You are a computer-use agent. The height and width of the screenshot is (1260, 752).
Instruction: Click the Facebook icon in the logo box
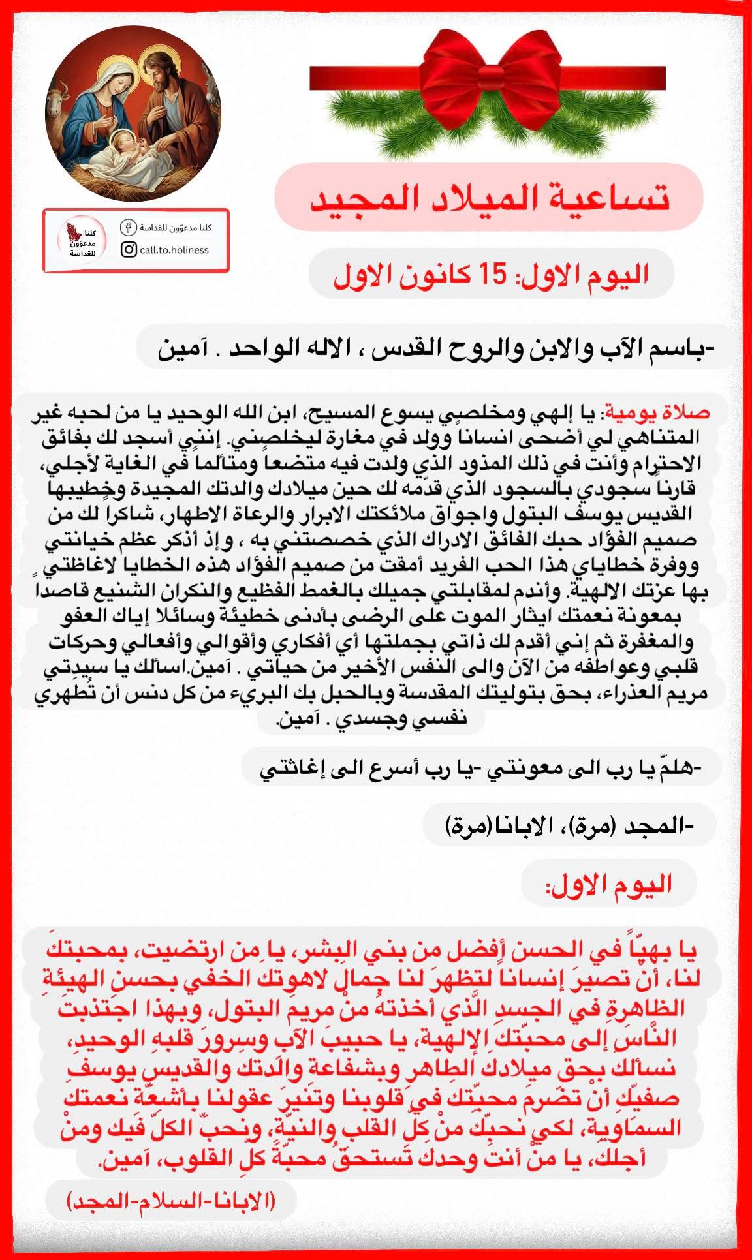click(128, 228)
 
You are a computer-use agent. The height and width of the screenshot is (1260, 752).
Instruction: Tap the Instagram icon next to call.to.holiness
click(129, 249)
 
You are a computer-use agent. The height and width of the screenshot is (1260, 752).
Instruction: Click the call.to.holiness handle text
click(174, 250)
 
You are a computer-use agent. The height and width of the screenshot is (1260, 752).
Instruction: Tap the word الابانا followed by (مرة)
click(510, 827)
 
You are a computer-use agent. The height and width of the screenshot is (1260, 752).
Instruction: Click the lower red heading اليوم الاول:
click(608, 885)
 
